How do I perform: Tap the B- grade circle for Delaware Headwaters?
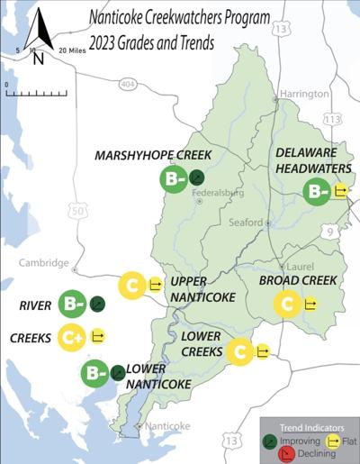[317, 191]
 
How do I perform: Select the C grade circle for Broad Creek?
[287, 305]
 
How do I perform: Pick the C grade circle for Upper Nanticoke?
[132, 286]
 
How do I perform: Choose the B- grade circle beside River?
[72, 305]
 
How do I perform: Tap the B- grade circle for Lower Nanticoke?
[94, 372]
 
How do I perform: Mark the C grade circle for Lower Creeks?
[239, 350]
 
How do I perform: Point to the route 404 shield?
[127, 84]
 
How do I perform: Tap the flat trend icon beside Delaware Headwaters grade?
[341, 191]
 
